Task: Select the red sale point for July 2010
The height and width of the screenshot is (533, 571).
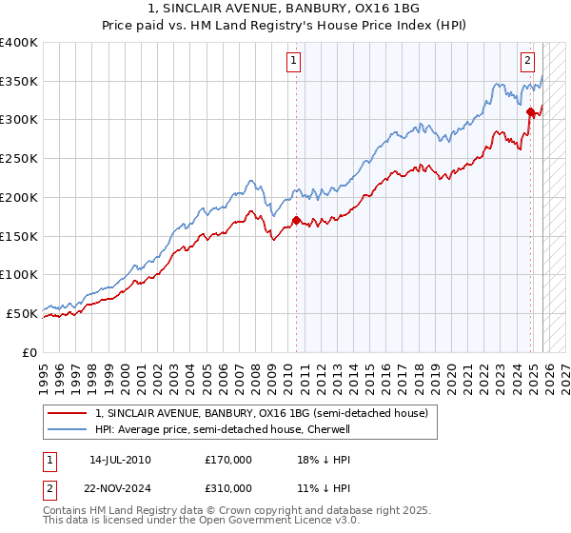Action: [296, 221]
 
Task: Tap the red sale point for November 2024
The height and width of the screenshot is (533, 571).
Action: [530, 112]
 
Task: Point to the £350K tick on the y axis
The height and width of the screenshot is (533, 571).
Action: [19, 82]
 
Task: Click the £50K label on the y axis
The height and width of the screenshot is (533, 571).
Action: [23, 313]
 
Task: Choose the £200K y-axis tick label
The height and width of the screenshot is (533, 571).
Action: [19, 197]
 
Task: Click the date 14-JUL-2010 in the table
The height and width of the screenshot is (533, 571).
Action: [120, 460]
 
